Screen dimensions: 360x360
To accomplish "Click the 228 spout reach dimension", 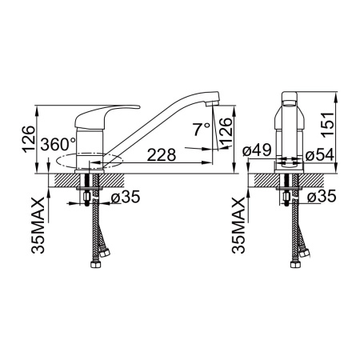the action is (162, 154).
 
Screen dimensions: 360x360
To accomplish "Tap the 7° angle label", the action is (202, 129).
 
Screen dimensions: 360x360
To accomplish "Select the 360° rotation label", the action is (58, 144).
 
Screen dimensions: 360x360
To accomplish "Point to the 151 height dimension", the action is (328, 125).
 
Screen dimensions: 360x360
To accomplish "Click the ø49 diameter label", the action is (257, 150).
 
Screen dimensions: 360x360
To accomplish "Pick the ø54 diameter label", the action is (319, 155).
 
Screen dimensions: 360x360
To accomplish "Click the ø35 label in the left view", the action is (126, 197).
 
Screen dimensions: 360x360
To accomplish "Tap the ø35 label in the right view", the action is (322, 197).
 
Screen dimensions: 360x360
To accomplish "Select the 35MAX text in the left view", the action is (38, 226).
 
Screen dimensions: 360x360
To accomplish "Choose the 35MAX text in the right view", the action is (238, 226).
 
